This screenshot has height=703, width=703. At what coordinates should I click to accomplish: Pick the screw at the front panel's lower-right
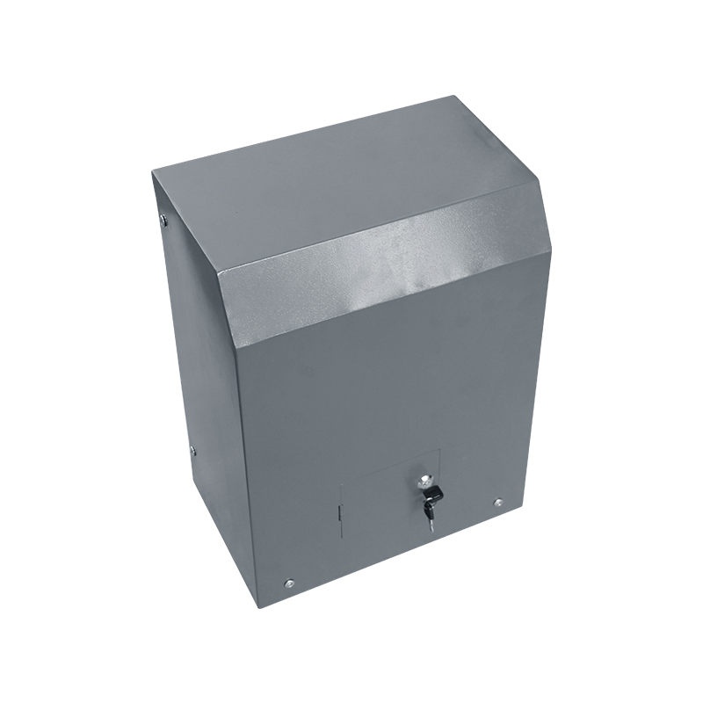point(498,504)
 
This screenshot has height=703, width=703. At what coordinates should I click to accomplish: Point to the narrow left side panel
point(189,351)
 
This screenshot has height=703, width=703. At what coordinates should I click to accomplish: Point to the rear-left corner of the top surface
point(151,173)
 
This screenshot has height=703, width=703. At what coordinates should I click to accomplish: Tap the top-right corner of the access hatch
point(440,450)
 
